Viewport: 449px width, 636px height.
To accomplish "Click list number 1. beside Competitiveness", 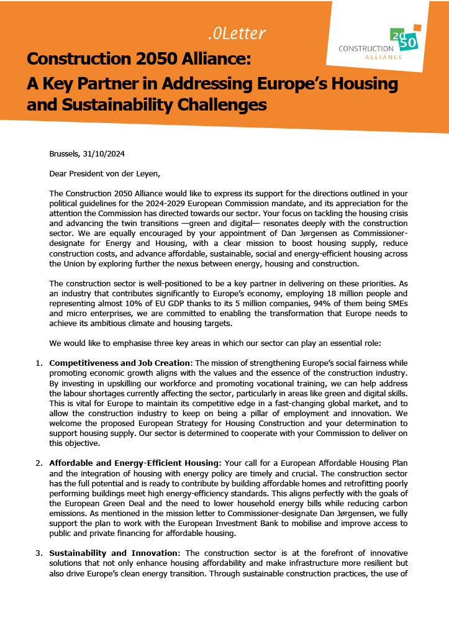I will click(39, 362).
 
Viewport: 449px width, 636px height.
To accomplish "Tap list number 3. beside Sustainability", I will click(39, 553).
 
